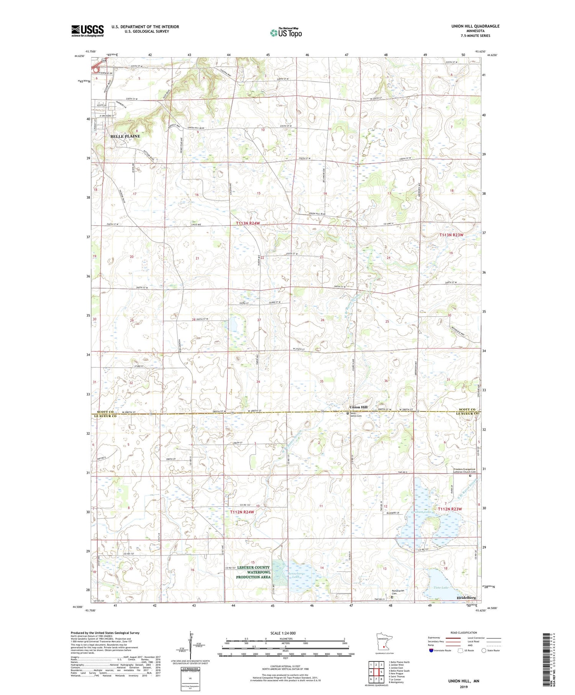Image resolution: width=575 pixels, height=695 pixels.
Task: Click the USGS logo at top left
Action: pyautogui.click(x=87, y=31)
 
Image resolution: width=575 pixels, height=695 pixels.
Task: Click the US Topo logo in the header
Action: pyautogui.click(x=286, y=33)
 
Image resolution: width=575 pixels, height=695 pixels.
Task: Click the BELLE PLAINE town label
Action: pyautogui.click(x=125, y=136)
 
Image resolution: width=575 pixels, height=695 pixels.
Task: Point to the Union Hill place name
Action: pyautogui.click(x=358, y=407)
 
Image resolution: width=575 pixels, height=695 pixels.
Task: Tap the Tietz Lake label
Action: pyautogui.click(x=441, y=588)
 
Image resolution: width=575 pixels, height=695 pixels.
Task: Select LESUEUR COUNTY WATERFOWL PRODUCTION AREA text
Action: pyautogui.click(x=253, y=572)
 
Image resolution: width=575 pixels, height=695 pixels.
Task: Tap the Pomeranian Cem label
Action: pyautogui.click(x=398, y=592)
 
